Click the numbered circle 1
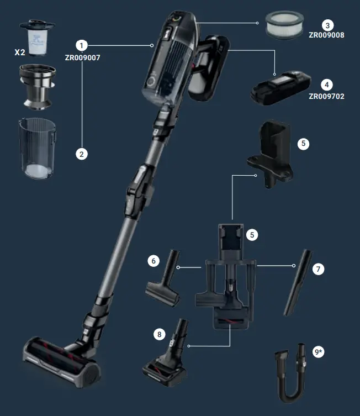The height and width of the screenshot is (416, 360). (x=82, y=45)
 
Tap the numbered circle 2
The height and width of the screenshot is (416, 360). (x=82, y=154)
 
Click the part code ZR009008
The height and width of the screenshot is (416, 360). (x=327, y=34)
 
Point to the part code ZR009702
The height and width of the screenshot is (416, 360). (x=327, y=96)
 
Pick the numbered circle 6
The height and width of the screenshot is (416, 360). (x=154, y=260)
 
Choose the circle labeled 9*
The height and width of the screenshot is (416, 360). (x=319, y=351)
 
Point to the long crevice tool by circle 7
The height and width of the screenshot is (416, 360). (x=299, y=282)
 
